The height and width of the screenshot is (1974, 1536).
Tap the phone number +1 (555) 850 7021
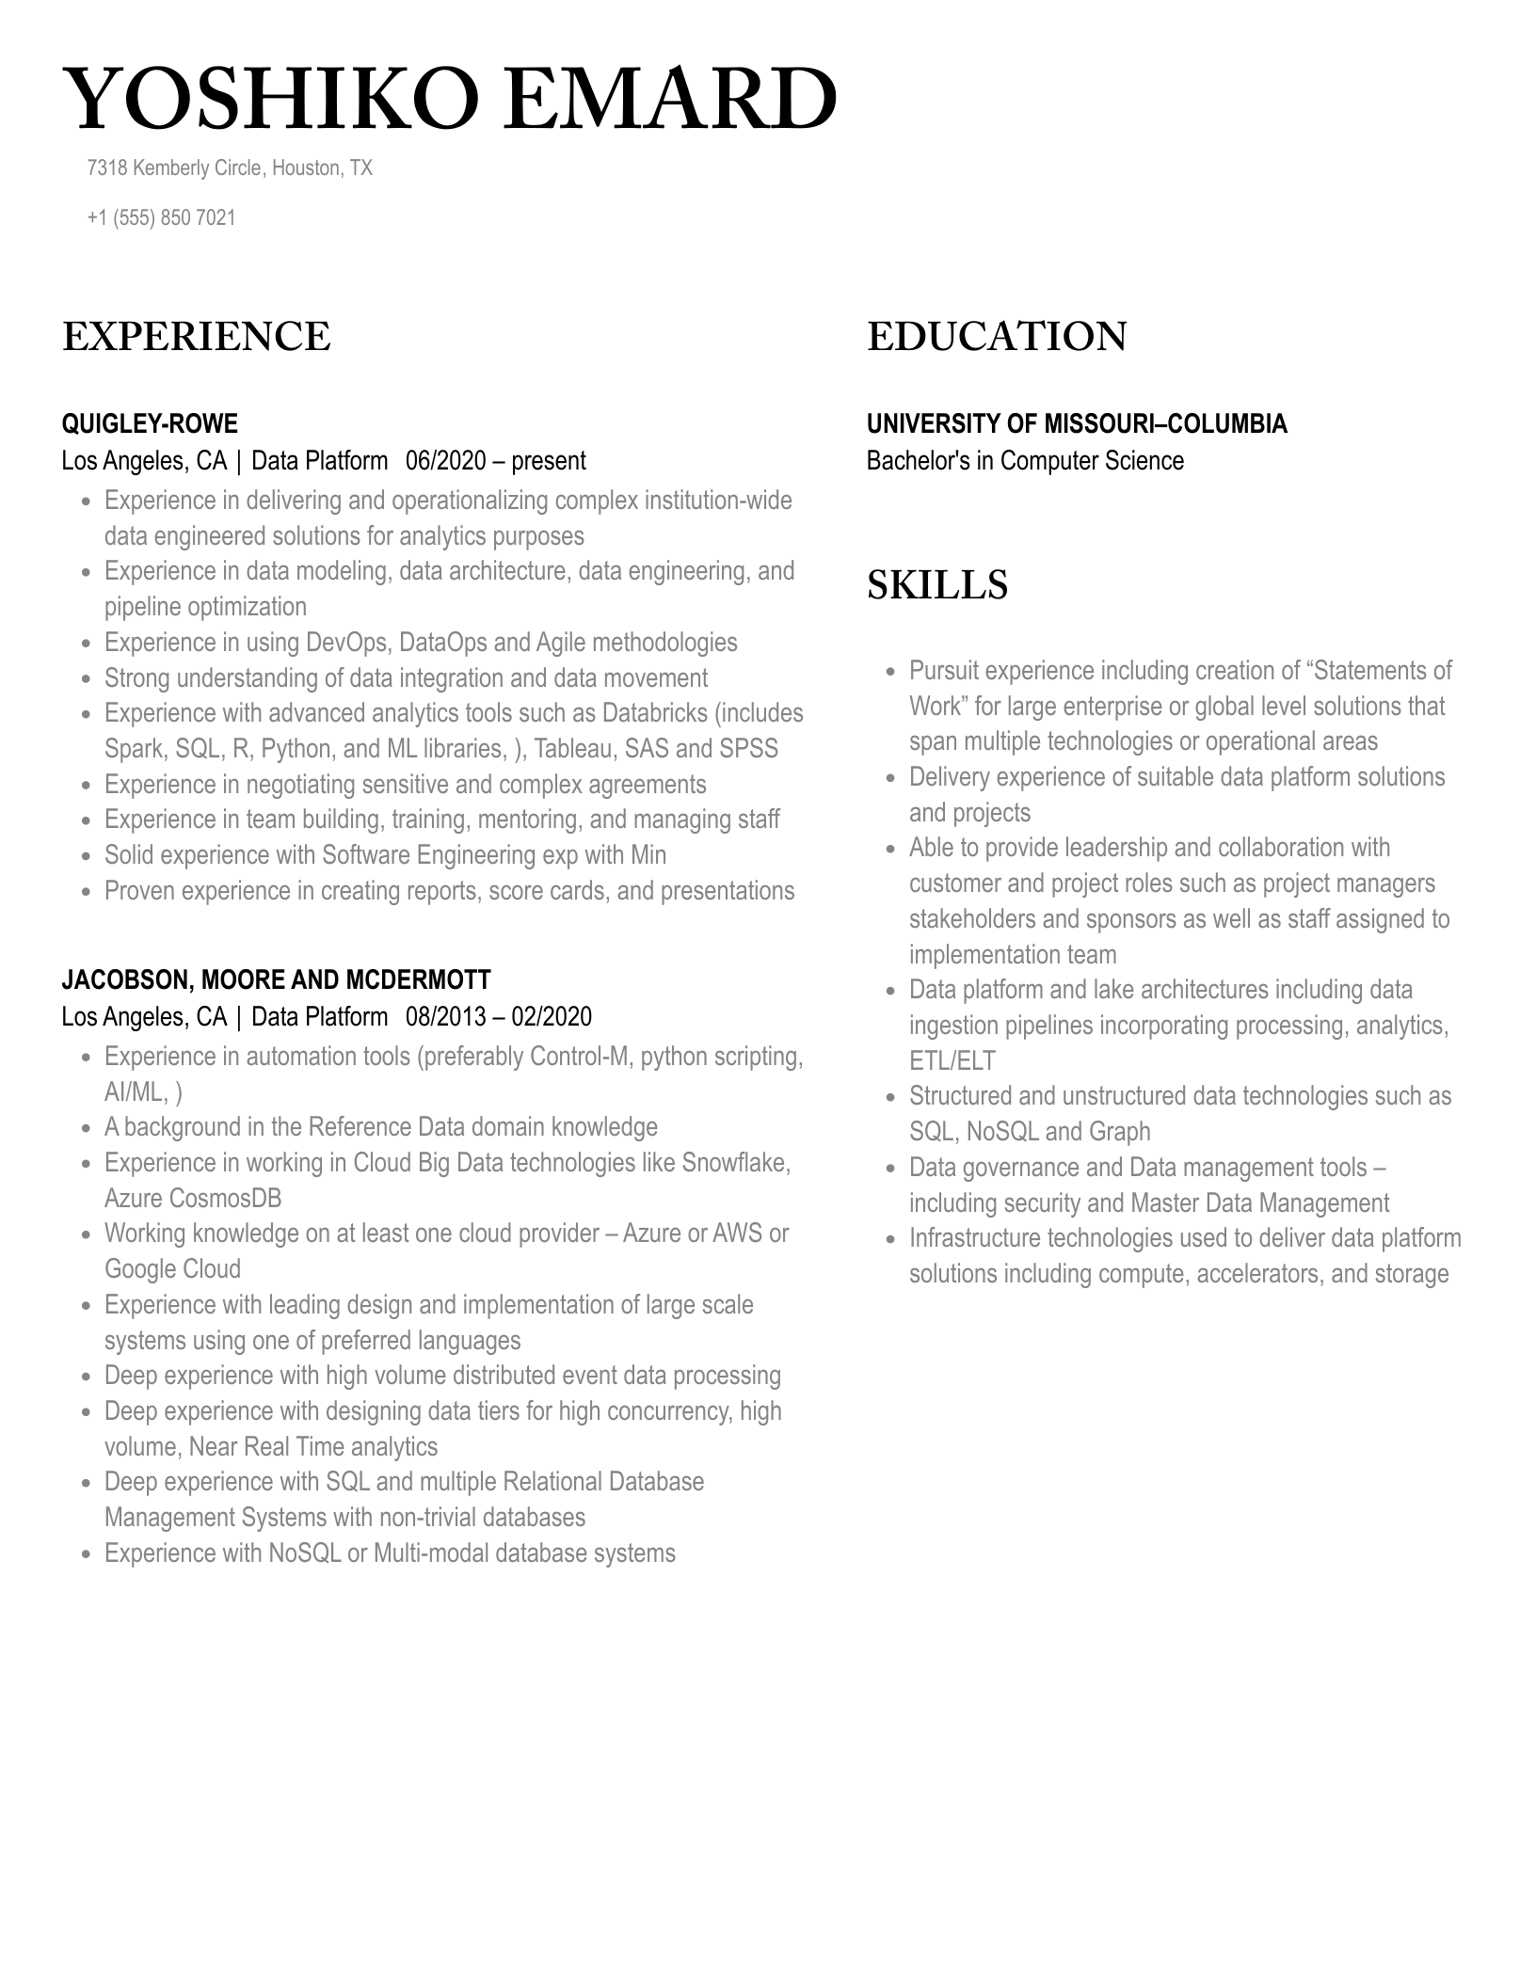pyautogui.click(x=161, y=217)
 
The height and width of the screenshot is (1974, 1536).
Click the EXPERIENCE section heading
pyautogui.click(x=196, y=337)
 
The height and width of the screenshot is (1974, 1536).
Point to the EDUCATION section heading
pyautogui.click(x=996, y=337)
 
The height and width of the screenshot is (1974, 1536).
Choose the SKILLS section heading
pyautogui.click(x=936, y=585)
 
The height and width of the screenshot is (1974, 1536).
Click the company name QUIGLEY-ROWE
pyautogui.click(x=150, y=424)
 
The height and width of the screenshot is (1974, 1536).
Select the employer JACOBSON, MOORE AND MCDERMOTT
pyautogui.click(x=276, y=980)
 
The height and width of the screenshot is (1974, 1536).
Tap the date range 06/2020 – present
pyautogui.click(x=495, y=461)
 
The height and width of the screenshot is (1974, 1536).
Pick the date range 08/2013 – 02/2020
pyautogui.click(x=499, y=1017)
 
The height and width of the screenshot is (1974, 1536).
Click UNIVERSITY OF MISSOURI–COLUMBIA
pyautogui.click(x=1076, y=424)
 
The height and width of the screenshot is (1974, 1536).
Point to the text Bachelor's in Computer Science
pyautogui.click(x=1024, y=461)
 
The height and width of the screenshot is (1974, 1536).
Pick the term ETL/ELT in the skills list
pyautogui.click(x=952, y=1061)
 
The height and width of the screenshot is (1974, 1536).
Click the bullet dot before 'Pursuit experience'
pyautogui.click(x=890, y=672)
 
